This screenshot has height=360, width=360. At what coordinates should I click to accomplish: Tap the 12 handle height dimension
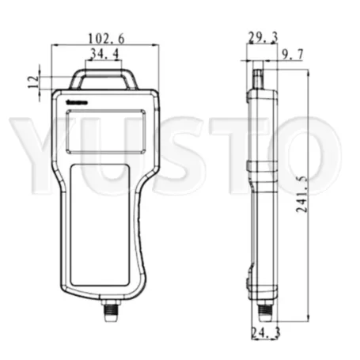[x=32, y=81]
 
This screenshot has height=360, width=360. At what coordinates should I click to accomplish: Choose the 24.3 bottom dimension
[x=262, y=332]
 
